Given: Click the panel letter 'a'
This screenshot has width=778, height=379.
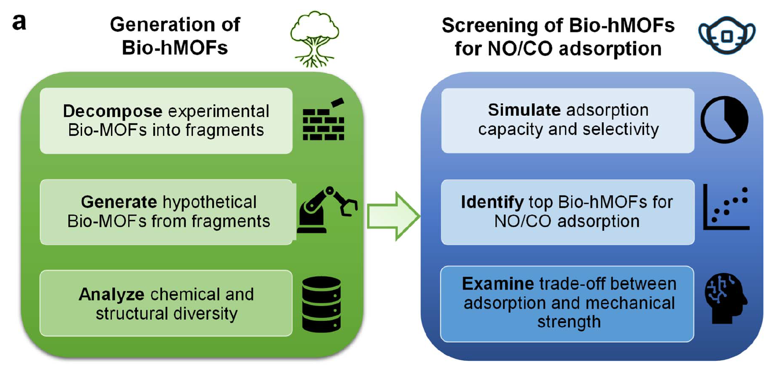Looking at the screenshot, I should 19,22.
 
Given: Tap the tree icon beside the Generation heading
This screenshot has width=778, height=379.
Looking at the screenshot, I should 314,39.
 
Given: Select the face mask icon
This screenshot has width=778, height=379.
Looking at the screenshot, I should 726,35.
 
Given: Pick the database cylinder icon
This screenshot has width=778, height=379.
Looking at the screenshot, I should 321,304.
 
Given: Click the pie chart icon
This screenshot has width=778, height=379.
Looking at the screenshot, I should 724,120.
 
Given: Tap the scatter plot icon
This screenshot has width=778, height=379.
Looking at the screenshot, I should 726,208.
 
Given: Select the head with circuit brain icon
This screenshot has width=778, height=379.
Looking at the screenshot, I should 726,298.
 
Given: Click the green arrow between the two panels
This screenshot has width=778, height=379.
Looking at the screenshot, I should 393,216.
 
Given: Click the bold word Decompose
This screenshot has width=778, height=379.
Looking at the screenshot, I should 112,111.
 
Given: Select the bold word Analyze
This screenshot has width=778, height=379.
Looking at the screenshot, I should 111,294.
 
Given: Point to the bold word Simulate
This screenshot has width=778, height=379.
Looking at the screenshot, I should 524,110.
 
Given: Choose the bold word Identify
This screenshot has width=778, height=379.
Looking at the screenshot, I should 492,202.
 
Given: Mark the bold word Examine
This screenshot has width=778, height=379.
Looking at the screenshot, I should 497,284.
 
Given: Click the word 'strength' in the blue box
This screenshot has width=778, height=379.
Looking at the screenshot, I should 569,322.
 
